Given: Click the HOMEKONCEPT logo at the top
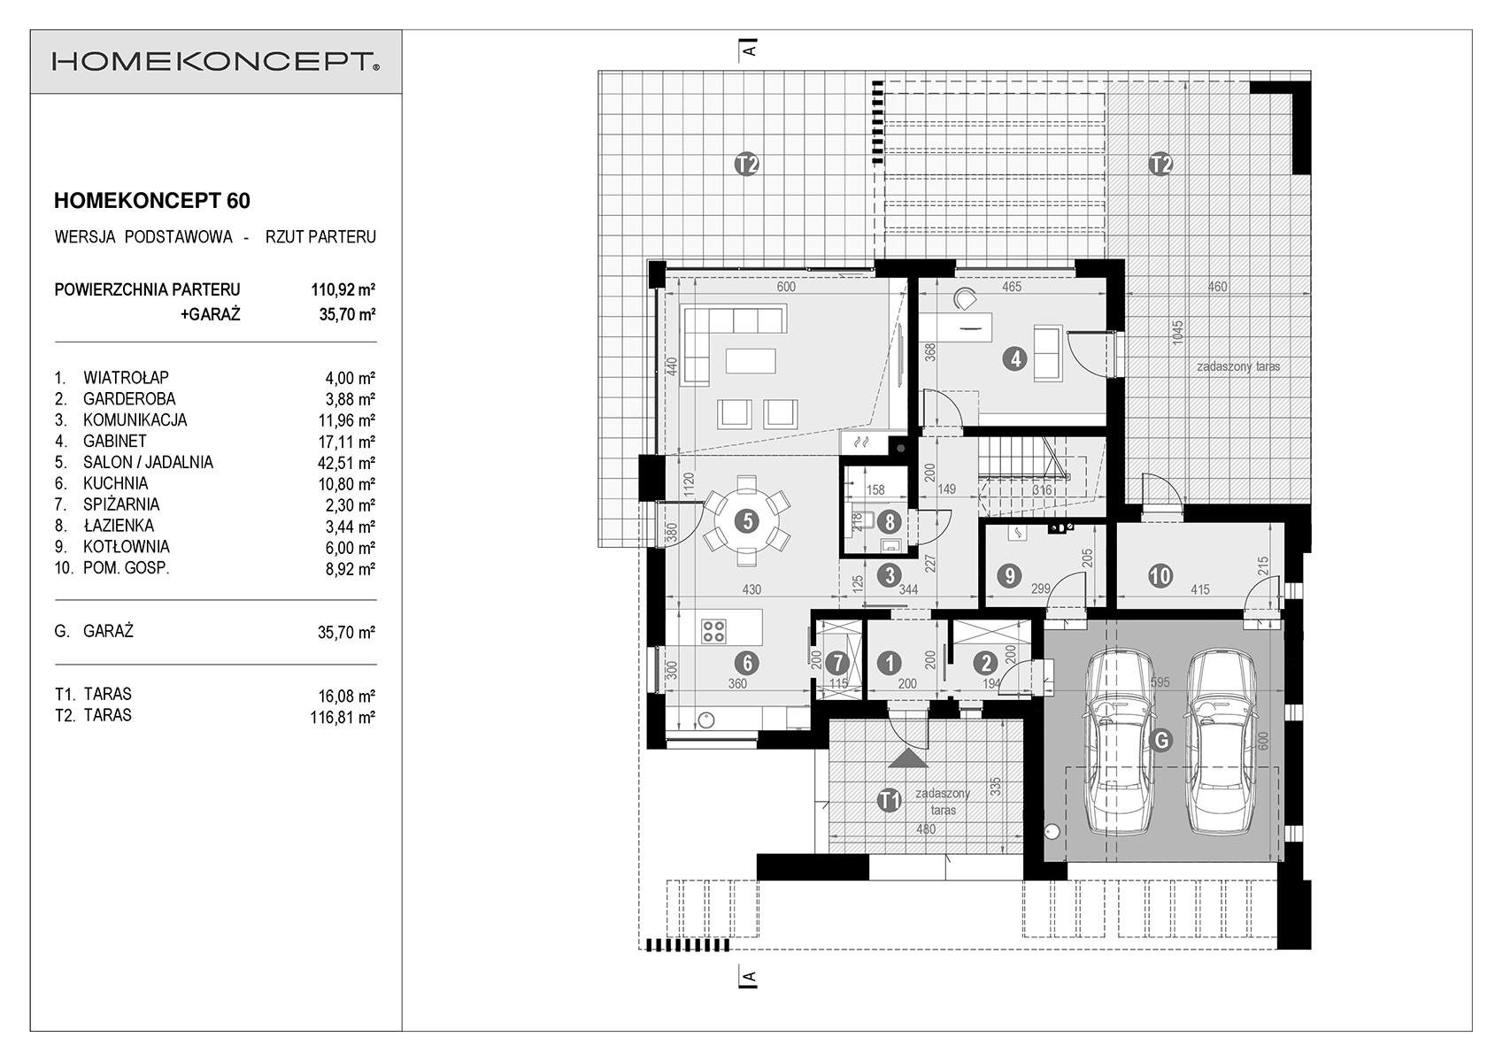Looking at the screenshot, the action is [x=216, y=62].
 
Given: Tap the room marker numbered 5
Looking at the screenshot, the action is [x=746, y=520].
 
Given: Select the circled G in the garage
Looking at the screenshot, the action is [x=1160, y=741].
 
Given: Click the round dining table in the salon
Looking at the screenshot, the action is [x=746, y=520].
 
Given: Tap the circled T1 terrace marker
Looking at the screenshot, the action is [x=889, y=800].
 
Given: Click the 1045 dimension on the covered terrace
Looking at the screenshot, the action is [x=1178, y=333].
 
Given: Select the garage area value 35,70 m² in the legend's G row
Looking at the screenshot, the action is [x=346, y=632].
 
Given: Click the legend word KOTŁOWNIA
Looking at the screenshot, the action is [x=127, y=547].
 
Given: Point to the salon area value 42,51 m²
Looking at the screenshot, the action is [x=346, y=463].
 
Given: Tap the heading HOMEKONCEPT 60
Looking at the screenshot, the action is [x=152, y=201].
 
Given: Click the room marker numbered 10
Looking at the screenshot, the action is [x=1160, y=575].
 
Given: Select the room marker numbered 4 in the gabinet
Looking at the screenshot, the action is [x=1015, y=359].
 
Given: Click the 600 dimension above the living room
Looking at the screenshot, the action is [x=786, y=287].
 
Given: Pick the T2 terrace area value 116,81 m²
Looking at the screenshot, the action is [x=343, y=717].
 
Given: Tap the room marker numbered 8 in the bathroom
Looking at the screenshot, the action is [x=890, y=521].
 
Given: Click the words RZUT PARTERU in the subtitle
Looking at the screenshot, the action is [x=320, y=237].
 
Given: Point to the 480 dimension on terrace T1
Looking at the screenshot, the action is [x=925, y=829].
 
